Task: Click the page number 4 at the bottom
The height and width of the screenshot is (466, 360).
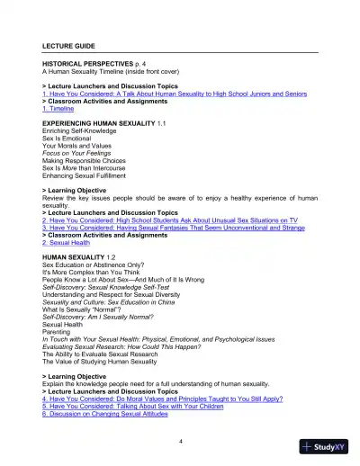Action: coord(180,441)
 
